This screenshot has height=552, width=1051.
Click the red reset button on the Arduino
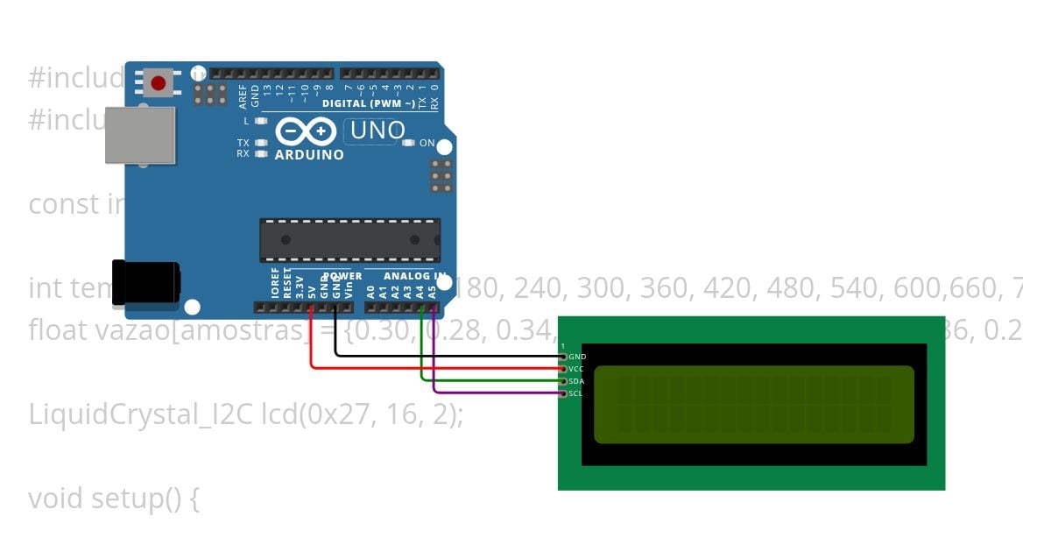point(158,83)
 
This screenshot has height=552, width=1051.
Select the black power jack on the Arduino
point(146,282)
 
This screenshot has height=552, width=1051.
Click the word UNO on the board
point(377,131)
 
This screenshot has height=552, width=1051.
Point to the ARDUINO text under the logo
point(309,155)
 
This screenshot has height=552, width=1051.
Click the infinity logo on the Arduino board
point(307,131)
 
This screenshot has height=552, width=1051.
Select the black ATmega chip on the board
point(349,240)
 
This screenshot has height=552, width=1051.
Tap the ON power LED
point(408,143)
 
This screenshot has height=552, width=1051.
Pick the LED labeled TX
point(260,143)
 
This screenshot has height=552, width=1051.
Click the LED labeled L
point(260,121)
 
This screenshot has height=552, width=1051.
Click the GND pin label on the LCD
point(577,357)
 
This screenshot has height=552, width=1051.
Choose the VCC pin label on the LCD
point(576,370)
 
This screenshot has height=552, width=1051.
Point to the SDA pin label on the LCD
point(576,382)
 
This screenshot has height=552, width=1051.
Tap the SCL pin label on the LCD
point(575,394)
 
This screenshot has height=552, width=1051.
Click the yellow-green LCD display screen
point(753,404)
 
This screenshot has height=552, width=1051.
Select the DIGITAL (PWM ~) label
point(369,103)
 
